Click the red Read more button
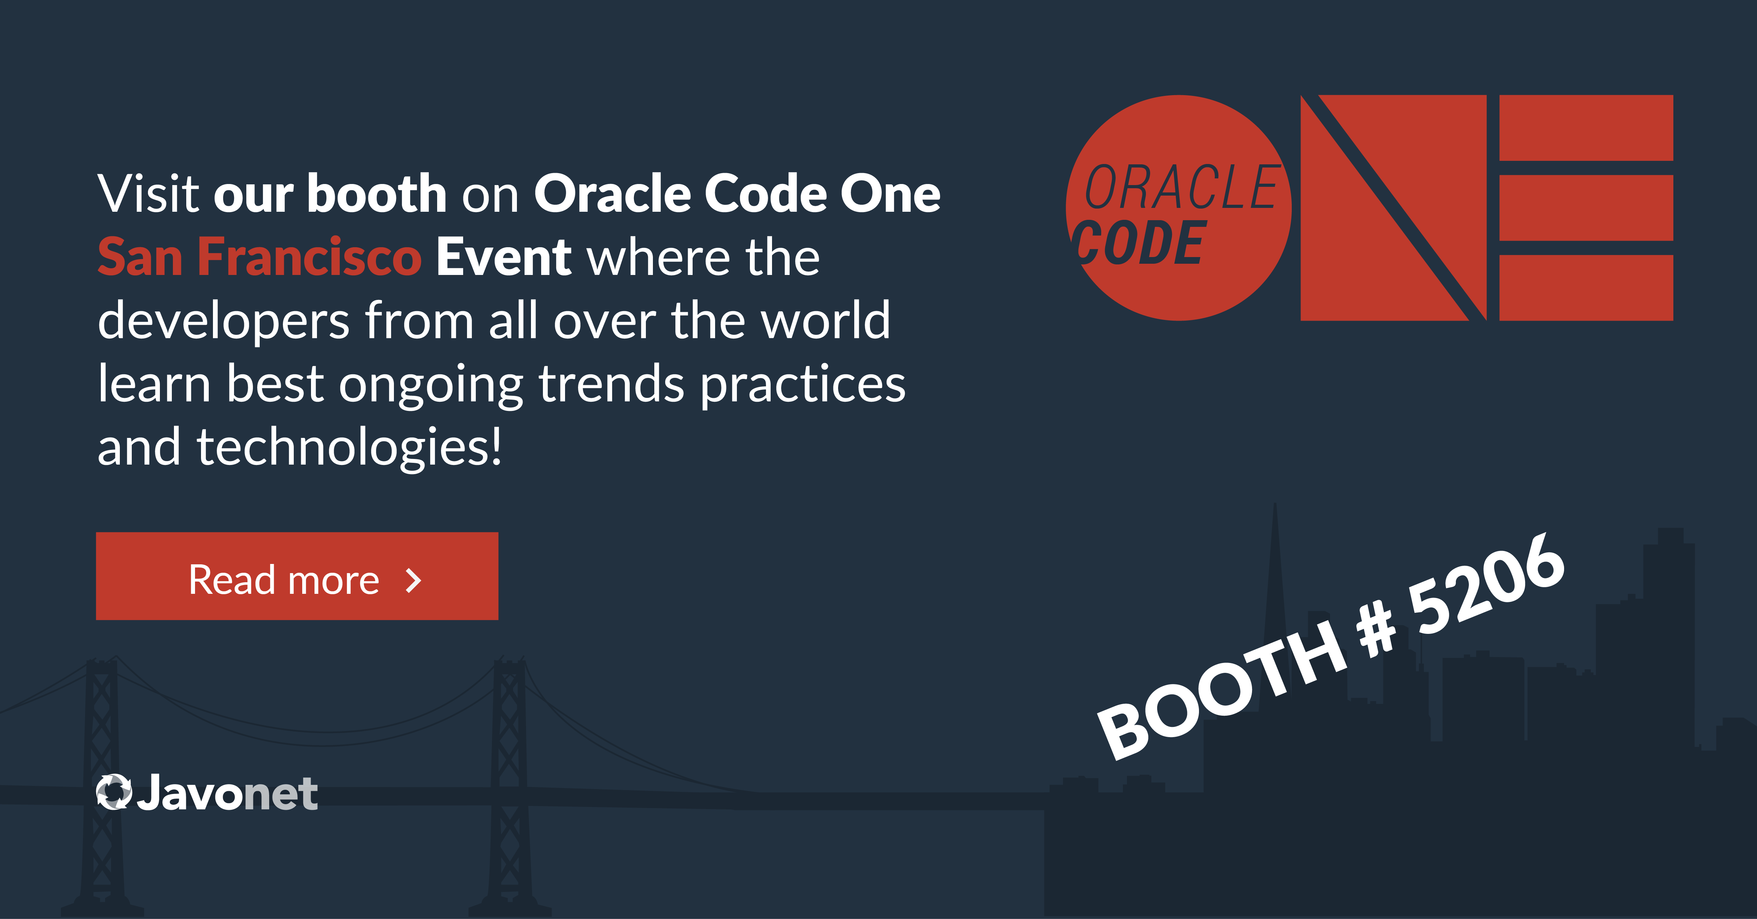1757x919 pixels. click(297, 576)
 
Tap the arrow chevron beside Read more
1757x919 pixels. click(413, 581)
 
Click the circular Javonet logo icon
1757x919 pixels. click(114, 792)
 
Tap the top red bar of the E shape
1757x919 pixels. click(1586, 128)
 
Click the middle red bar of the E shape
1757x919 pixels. click(1586, 208)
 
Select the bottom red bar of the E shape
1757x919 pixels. click(1586, 288)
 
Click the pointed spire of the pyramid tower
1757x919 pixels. click(1275, 508)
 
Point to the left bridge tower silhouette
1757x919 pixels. click(102, 784)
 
